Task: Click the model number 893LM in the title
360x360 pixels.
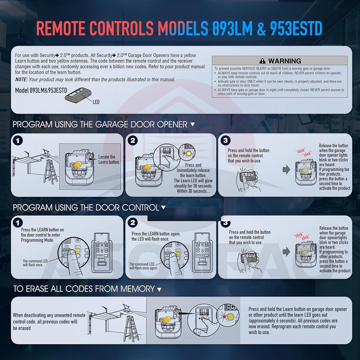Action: click(x=232, y=29)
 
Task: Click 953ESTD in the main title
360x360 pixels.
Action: click(x=296, y=29)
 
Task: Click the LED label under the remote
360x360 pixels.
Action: click(x=96, y=102)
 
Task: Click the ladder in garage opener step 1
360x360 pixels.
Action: click(x=50, y=171)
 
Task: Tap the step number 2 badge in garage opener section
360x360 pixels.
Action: click(x=133, y=140)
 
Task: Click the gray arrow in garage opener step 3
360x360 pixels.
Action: click(x=286, y=170)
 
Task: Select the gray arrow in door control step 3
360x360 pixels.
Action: click(x=287, y=251)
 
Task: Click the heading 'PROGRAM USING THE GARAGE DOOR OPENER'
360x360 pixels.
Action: click(x=100, y=124)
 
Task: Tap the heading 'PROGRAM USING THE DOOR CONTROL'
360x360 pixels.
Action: click(x=86, y=207)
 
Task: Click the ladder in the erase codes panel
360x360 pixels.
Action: click(x=131, y=328)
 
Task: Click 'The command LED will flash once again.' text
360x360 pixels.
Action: click(x=142, y=266)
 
